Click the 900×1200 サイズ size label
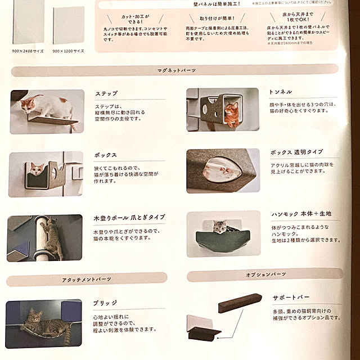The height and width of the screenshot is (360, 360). [69, 51]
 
